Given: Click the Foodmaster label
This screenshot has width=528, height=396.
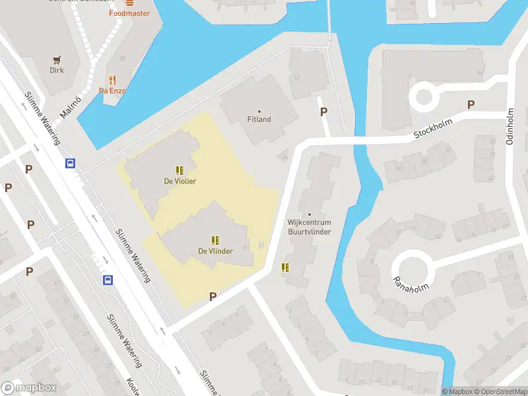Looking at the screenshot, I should pos(129,13).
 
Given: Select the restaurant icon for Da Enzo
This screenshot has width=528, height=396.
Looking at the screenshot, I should pos(112,80).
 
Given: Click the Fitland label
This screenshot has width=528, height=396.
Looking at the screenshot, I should pos(259,119).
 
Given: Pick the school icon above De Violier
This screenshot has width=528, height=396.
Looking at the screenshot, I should pos(180,170).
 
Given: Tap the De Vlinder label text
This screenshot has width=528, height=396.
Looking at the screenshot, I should pos(215,251).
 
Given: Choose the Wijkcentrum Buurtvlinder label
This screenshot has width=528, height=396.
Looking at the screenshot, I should pos(309,227).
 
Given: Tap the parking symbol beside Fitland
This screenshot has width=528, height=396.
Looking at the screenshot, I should pos(323,112).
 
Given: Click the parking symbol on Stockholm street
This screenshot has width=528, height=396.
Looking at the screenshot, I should pos(471,104).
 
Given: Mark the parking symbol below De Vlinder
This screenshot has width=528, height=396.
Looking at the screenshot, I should pos(213,296).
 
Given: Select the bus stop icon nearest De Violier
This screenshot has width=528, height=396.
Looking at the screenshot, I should pos(70,163).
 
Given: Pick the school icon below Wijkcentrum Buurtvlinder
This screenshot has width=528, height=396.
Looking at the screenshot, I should pos(286,267).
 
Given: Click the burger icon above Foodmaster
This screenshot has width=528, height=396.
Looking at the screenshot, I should pos(129,2).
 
